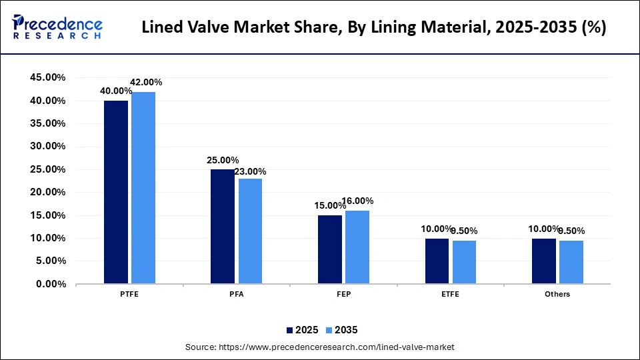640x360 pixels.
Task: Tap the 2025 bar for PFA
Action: [223, 227]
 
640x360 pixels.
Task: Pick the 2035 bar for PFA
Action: [250, 231]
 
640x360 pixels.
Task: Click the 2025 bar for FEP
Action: [330, 249]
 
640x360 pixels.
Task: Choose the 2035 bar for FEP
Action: [357, 247]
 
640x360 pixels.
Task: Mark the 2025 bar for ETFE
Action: [437, 261]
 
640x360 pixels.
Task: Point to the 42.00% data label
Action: [146, 83]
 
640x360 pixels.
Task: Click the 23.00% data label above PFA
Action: [252, 171]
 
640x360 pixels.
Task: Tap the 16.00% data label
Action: [358, 201]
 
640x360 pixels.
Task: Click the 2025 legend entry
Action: [303, 329]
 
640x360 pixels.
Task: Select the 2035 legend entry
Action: [343, 329]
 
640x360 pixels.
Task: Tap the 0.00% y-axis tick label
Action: [51, 284]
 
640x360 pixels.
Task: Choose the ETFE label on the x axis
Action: [450, 294]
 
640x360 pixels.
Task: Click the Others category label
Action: [557, 294]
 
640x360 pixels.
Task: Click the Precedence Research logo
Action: [57, 27]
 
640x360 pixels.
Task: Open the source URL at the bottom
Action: [319, 347]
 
